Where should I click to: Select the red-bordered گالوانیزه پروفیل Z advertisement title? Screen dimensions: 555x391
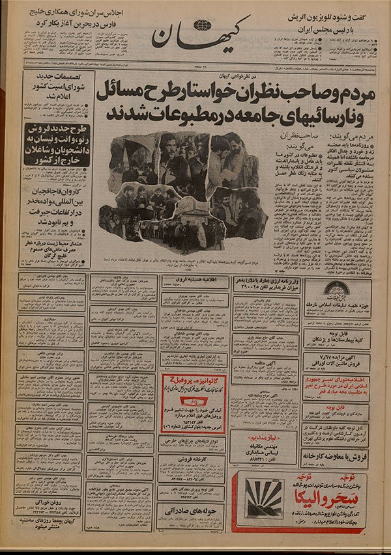point(194,381)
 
